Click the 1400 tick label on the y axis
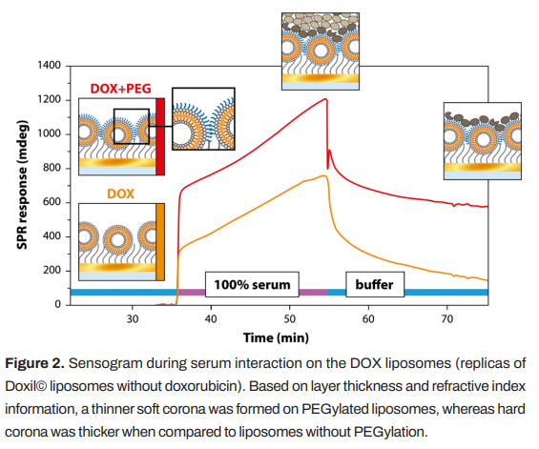point(49,65)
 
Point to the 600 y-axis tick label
point(52,202)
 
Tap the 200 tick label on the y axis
point(52,271)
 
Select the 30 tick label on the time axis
point(132,319)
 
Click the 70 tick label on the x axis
point(446,319)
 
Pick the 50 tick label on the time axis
point(289,319)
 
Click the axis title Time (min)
point(276,337)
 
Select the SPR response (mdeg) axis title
point(22,185)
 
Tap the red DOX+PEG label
point(120,89)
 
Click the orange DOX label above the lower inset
point(120,194)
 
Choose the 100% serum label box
point(252,284)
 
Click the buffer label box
point(375,284)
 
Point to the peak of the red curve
point(325,99)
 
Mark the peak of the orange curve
point(324,175)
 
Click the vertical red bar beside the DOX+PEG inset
point(160,136)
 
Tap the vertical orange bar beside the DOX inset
point(160,242)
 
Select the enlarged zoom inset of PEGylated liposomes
point(203,119)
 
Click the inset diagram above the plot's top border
point(321,51)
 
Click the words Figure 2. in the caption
point(34,363)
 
